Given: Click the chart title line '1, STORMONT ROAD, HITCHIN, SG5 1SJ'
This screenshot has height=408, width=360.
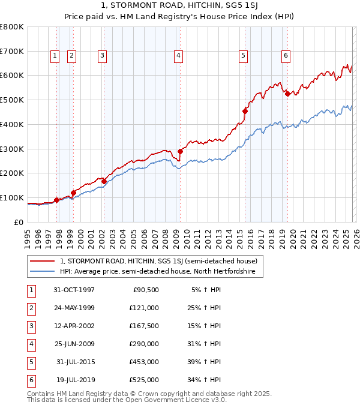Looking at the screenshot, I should [181, 7].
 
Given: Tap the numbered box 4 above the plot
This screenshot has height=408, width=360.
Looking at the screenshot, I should [179, 56].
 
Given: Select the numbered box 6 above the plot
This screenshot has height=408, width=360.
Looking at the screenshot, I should [286, 56].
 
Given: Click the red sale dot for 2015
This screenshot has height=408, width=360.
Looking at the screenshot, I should [245, 111].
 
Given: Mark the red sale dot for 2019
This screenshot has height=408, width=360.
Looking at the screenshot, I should [287, 94].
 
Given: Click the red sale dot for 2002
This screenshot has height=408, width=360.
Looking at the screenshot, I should [104, 181].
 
